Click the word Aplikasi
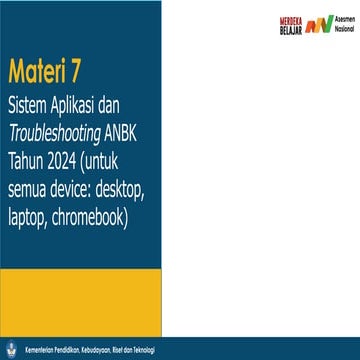(x=79, y=103)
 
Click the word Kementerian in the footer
(x=40, y=352)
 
